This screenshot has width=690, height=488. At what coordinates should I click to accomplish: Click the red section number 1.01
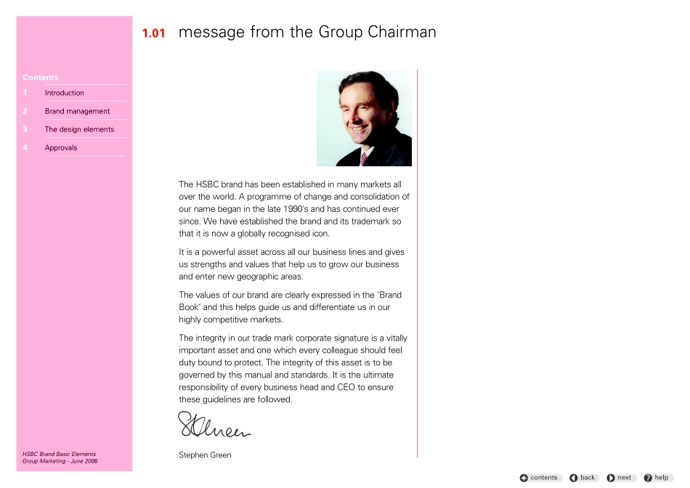[x=154, y=33]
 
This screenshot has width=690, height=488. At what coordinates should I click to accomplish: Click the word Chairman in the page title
[x=402, y=33]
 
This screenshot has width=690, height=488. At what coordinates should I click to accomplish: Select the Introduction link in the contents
[x=64, y=93]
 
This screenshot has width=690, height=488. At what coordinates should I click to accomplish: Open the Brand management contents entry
[x=77, y=111]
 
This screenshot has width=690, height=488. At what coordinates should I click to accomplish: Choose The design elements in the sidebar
[x=79, y=129]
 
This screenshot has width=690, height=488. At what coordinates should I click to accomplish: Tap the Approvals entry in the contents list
[x=61, y=147]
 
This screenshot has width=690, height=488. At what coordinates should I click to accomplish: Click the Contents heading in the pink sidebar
[x=41, y=78]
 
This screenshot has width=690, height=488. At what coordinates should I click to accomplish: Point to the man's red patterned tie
[x=364, y=158]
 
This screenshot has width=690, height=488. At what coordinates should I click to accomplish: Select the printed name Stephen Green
[x=205, y=455]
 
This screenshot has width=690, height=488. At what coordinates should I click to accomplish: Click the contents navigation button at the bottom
[x=540, y=478]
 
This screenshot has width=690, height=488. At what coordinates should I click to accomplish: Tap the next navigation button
[x=620, y=478]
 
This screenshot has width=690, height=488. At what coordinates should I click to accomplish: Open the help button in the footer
[x=657, y=478]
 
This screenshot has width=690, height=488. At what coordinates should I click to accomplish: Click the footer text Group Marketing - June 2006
[x=60, y=461]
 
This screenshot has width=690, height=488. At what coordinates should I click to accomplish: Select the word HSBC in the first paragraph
[x=210, y=184]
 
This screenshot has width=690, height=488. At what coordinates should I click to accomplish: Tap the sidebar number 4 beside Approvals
[x=25, y=147]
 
